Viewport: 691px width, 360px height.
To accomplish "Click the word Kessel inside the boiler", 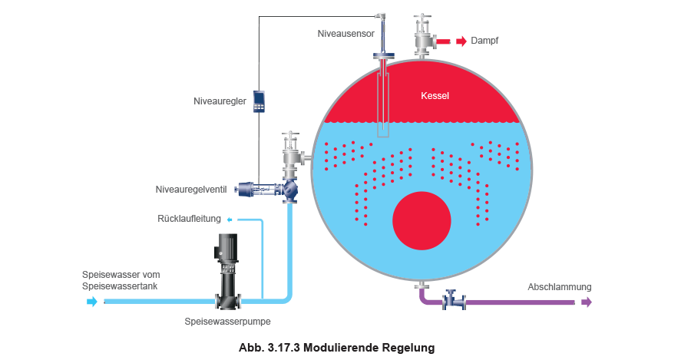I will [435, 97].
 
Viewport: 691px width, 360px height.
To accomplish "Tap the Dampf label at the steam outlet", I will [485, 41].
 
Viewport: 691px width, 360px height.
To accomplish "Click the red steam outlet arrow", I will [459, 41].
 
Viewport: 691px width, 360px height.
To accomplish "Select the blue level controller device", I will [258, 101].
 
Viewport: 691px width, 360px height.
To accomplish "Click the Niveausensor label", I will [344, 34].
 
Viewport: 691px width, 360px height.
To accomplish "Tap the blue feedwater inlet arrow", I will [93, 302].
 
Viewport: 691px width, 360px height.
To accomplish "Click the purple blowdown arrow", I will [587, 302].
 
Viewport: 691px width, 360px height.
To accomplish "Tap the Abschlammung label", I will [560, 287].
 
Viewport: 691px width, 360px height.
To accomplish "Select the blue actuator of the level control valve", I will [247, 188].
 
